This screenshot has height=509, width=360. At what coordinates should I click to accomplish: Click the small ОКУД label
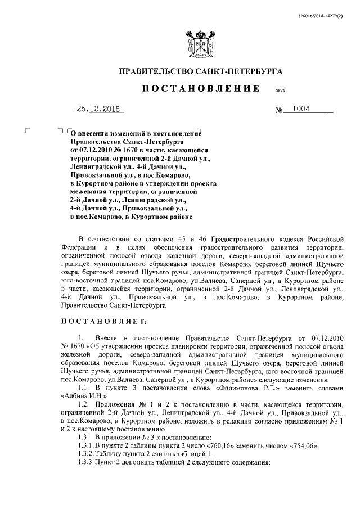coord(280,91)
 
